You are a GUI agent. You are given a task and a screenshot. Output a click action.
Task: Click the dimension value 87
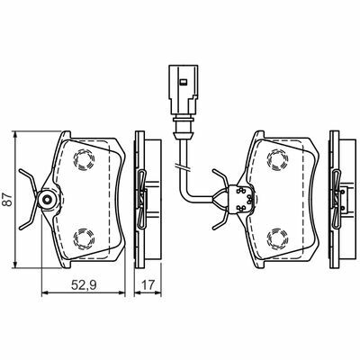(8, 199)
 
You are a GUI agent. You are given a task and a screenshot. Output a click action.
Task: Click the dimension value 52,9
(84, 284)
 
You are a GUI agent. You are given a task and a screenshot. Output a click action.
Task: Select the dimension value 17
(148, 284)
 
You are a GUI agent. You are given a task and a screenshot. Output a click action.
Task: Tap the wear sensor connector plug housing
(184, 90)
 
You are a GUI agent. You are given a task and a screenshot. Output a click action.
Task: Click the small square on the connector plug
(183, 81)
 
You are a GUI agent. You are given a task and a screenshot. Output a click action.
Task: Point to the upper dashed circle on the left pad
(84, 159)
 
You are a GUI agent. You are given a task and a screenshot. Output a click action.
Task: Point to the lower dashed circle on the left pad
(84, 238)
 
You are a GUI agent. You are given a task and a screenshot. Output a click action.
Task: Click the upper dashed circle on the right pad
(277, 159)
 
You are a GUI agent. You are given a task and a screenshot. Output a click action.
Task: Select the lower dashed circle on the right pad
(277, 238)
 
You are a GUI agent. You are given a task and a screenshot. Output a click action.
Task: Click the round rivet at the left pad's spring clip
(48, 199)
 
